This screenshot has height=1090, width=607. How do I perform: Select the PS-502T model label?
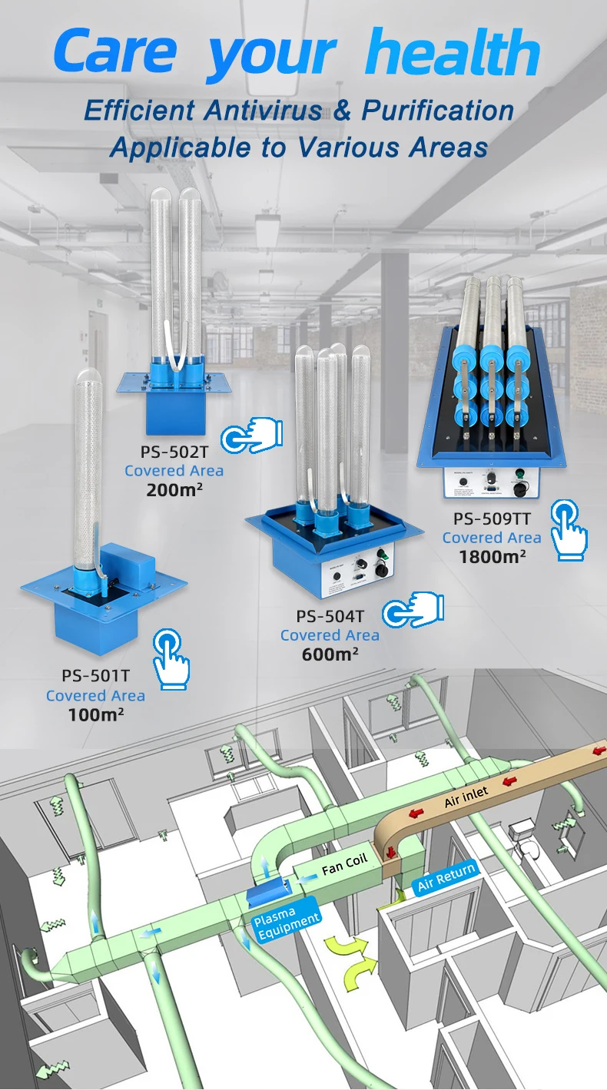(x=174, y=452)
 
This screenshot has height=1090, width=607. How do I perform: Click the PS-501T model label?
(x=95, y=676)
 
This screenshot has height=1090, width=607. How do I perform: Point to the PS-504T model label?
(x=330, y=615)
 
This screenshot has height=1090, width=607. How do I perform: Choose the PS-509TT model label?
(x=492, y=519)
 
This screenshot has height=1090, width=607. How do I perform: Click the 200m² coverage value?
(x=174, y=489)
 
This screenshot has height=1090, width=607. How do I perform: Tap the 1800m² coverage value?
(x=492, y=556)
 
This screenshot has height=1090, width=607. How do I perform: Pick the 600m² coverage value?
(x=330, y=654)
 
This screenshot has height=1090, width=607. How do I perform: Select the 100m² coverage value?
(x=95, y=714)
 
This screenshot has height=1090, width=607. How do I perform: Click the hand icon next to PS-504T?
(x=414, y=609)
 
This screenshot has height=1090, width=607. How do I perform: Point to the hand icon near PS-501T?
(x=171, y=657)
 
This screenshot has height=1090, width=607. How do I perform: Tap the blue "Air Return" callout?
(x=446, y=876)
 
